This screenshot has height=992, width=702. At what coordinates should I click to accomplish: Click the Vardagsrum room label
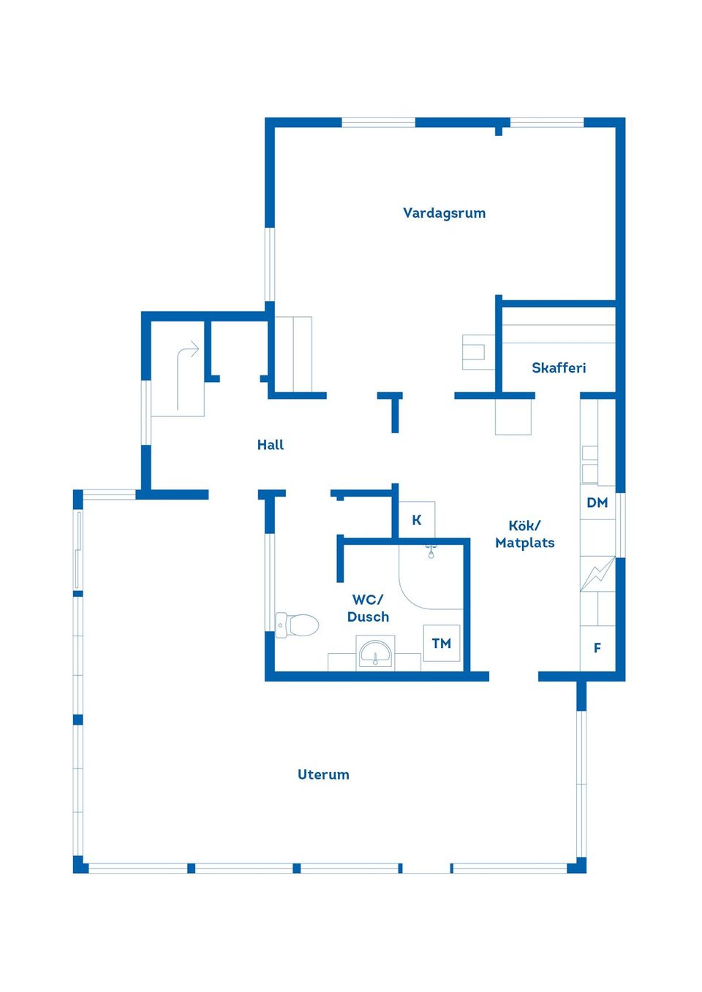tap(444, 213)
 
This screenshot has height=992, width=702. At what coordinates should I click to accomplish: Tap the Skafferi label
tap(559, 368)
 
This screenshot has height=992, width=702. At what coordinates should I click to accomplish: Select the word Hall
tap(271, 445)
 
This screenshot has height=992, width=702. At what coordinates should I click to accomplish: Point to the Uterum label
tap(323, 775)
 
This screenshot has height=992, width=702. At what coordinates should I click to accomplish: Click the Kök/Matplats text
tap(524, 534)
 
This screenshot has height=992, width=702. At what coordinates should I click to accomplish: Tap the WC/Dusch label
tap(368, 608)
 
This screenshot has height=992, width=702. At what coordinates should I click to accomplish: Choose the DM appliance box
tap(597, 503)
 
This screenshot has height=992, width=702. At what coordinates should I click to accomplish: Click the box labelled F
tap(597, 648)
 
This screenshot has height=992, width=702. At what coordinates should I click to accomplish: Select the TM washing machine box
tap(442, 644)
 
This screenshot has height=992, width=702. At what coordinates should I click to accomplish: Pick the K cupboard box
tap(417, 520)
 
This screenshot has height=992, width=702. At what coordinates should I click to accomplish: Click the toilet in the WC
tap(298, 625)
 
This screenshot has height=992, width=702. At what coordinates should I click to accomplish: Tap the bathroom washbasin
tap(375, 652)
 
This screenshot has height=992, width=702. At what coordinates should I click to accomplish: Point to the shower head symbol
tap(431, 552)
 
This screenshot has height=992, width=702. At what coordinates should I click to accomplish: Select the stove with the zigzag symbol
tap(597, 574)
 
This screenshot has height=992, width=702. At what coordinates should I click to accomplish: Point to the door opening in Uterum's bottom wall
tap(426, 868)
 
